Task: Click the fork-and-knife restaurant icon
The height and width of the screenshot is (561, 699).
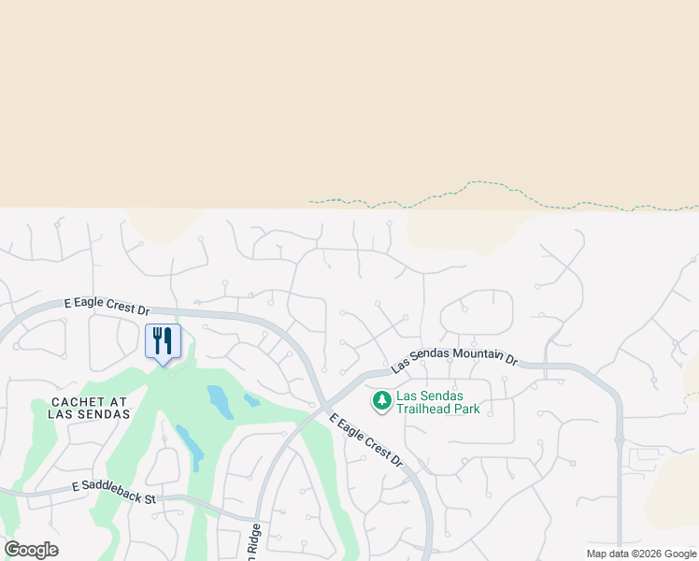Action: pyautogui.click(x=163, y=340)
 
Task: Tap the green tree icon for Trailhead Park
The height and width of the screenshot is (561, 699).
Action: pyautogui.click(x=381, y=401)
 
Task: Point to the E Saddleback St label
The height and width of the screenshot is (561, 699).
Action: pyautogui.click(x=113, y=493)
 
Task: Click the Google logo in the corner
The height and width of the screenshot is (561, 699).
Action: pyautogui.click(x=31, y=550)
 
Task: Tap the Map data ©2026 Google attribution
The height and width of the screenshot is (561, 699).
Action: pyautogui.click(x=642, y=554)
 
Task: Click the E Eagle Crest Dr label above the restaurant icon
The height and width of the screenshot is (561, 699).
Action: pyautogui.click(x=107, y=305)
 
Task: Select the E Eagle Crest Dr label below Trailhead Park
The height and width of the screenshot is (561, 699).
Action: pyautogui.click(x=365, y=439)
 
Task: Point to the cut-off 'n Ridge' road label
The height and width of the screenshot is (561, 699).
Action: pyautogui.click(x=253, y=539)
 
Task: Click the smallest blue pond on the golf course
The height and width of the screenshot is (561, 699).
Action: pyautogui.click(x=252, y=400)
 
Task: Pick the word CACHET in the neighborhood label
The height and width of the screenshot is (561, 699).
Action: pyautogui.click(x=63, y=401)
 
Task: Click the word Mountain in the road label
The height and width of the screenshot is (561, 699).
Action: pyautogui.click(x=474, y=354)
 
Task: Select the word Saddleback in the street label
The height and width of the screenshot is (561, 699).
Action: pyautogui.click(x=119, y=494)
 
